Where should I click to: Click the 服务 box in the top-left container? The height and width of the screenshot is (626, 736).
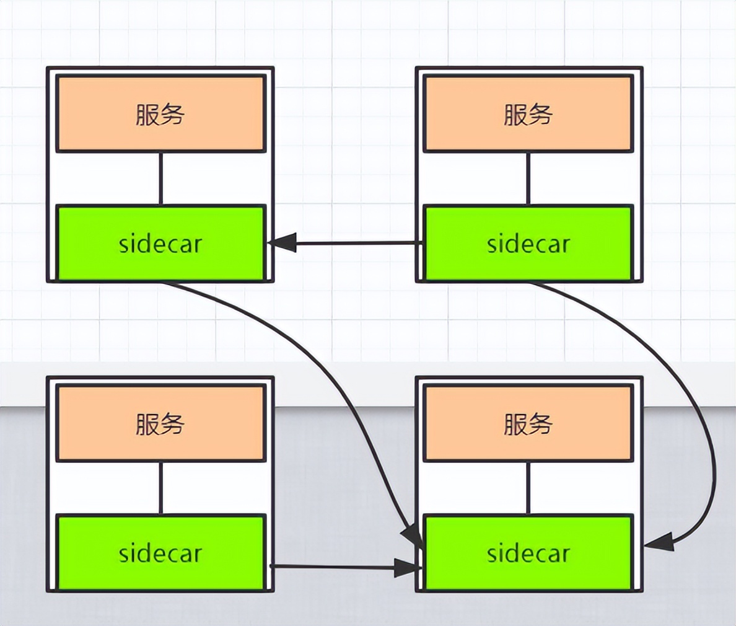coord(160,114)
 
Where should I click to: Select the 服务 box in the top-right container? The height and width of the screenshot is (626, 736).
coord(528,114)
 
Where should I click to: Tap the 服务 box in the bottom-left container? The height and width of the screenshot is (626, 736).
coord(160,424)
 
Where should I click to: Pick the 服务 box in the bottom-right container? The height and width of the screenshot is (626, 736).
coord(528,424)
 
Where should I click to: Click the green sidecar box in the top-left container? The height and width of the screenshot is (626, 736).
coord(160,244)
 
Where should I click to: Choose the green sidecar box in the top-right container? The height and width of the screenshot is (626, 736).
coord(528,244)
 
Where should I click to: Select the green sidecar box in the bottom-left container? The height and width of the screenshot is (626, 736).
coord(160,553)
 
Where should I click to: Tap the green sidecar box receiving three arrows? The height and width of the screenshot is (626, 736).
coord(528,553)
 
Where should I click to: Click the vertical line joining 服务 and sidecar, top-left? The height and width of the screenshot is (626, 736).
coord(161,179)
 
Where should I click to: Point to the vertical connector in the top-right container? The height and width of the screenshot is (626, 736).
coord(528,179)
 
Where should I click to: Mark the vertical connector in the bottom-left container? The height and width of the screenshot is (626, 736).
coord(161,488)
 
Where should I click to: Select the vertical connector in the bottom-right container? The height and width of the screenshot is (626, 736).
coord(528,488)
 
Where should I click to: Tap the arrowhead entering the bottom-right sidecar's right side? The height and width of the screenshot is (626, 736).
coord(659,543)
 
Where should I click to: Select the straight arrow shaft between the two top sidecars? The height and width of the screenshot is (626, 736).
coord(359,243)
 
